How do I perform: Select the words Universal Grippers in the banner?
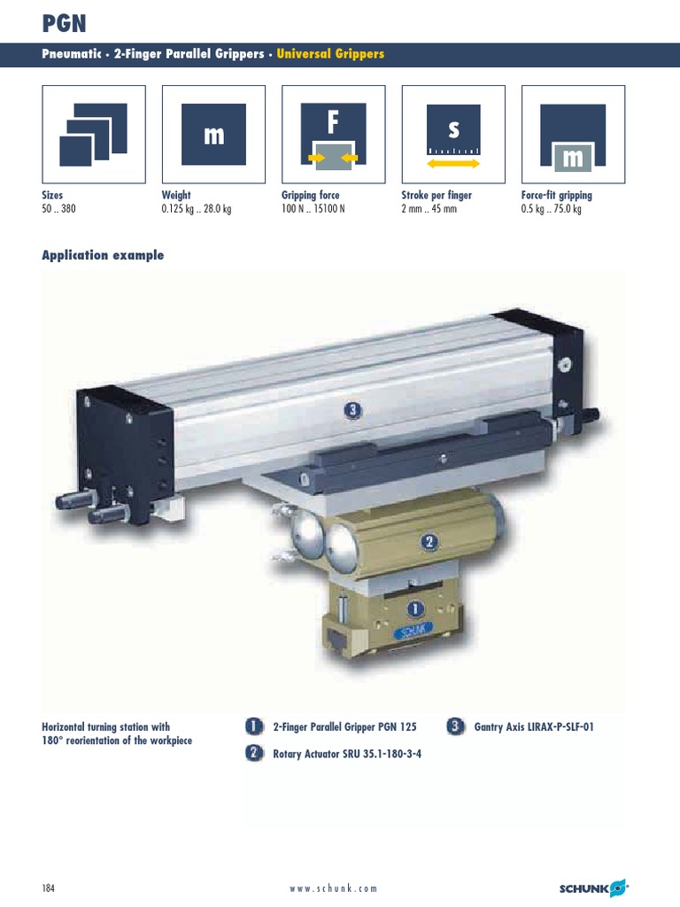click(x=330, y=54)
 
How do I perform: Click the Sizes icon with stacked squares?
click(x=94, y=134)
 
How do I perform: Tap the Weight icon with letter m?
click(x=213, y=134)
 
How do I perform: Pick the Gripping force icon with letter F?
click(x=333, y=134)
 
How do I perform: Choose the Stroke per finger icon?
click(x=453, y=134)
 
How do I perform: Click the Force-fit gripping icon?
click(x=573, y=134)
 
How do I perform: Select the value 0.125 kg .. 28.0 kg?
click(x=197, y=210)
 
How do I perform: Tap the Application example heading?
click(x=103, y=255)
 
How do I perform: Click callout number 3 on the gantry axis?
click(x=353, y=409)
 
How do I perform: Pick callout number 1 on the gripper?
click(x=415, y=609)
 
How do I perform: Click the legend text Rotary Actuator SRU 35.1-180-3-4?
click(x=347, y=756)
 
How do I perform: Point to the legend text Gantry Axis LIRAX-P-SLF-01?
click(x=534, y=727)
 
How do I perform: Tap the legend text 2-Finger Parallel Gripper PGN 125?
click(x=344, y=727)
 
